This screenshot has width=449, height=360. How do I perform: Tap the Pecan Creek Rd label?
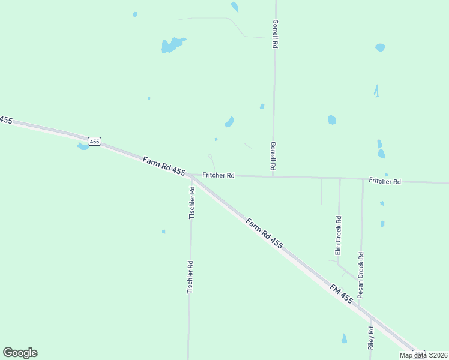[361, 275]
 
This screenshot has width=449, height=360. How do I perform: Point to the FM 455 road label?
[341, 293]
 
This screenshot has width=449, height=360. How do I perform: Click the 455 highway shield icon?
[94, 141]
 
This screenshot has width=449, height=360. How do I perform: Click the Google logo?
[20, 353]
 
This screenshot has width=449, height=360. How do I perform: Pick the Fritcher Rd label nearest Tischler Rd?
[218, 175]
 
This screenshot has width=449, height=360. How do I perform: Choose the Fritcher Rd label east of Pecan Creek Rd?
[385, 181]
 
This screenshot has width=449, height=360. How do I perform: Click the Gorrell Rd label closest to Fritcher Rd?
[273, 155]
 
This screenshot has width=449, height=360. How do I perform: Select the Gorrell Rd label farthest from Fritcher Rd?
[274, 33]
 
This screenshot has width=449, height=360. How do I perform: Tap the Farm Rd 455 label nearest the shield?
[164, 166]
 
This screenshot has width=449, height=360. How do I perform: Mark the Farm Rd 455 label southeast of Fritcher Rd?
[264, 233]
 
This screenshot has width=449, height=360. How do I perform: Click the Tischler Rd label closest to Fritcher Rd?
[192, 202]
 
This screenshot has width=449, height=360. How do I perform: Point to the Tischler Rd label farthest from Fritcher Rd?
[190, 277]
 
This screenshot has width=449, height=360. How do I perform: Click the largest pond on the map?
[172, 44]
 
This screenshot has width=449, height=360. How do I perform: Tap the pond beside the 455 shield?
[83, 146]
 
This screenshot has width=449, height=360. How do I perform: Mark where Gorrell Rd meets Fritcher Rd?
[273, 176]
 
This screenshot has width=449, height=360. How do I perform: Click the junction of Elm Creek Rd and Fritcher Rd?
[339, 178]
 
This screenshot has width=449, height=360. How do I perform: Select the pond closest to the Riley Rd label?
[344, 338]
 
